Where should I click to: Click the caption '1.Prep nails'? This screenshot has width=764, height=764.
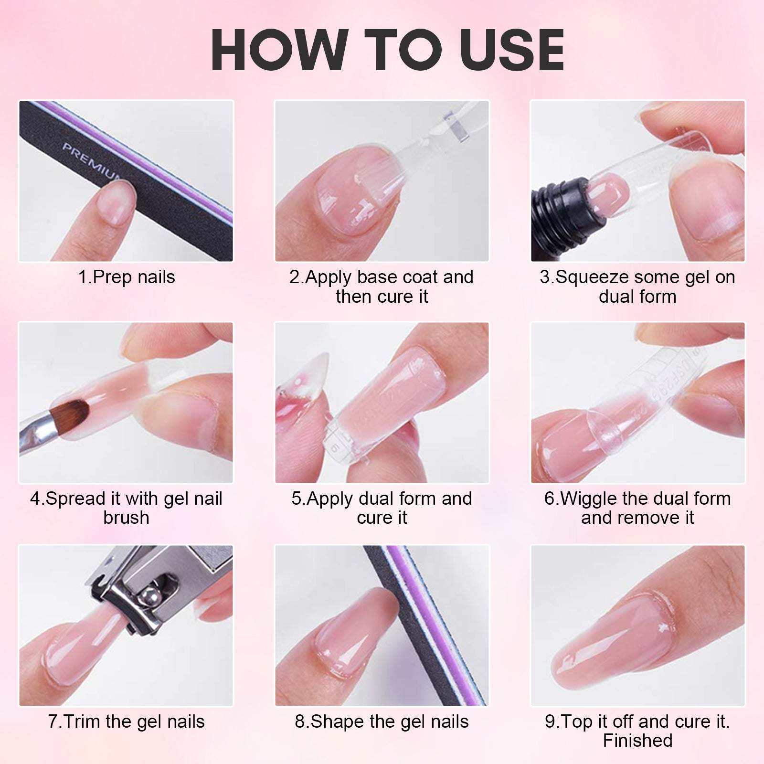(x=127, y=277)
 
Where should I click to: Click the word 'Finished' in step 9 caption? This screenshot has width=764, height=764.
(x=637, y=741)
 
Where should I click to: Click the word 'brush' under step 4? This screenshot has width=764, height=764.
(x=126, y=518)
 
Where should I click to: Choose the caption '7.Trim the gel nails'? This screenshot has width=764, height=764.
(x=127, y=721)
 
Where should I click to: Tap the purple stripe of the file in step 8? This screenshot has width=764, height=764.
(x=432, y=621)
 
